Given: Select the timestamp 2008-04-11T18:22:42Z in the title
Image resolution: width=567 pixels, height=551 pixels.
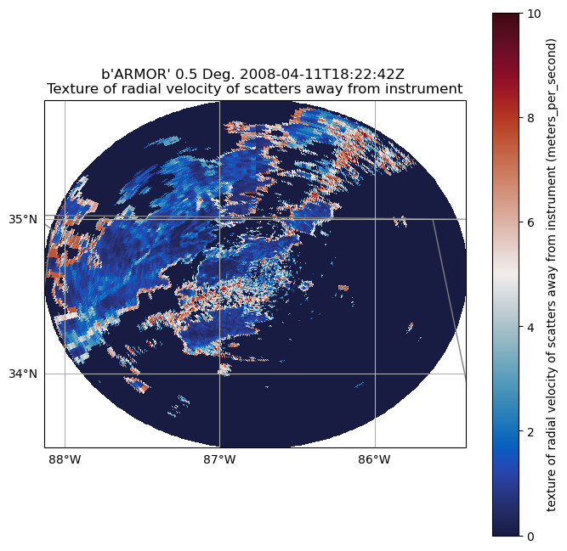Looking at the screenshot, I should (335, 74).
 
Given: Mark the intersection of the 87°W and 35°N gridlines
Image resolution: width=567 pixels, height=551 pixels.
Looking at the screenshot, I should (219, 219).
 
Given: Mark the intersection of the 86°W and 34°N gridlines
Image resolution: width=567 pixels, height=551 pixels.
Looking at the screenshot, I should (374, 374).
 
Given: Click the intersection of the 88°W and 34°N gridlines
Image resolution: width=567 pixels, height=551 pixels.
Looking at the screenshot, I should (65, 374).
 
